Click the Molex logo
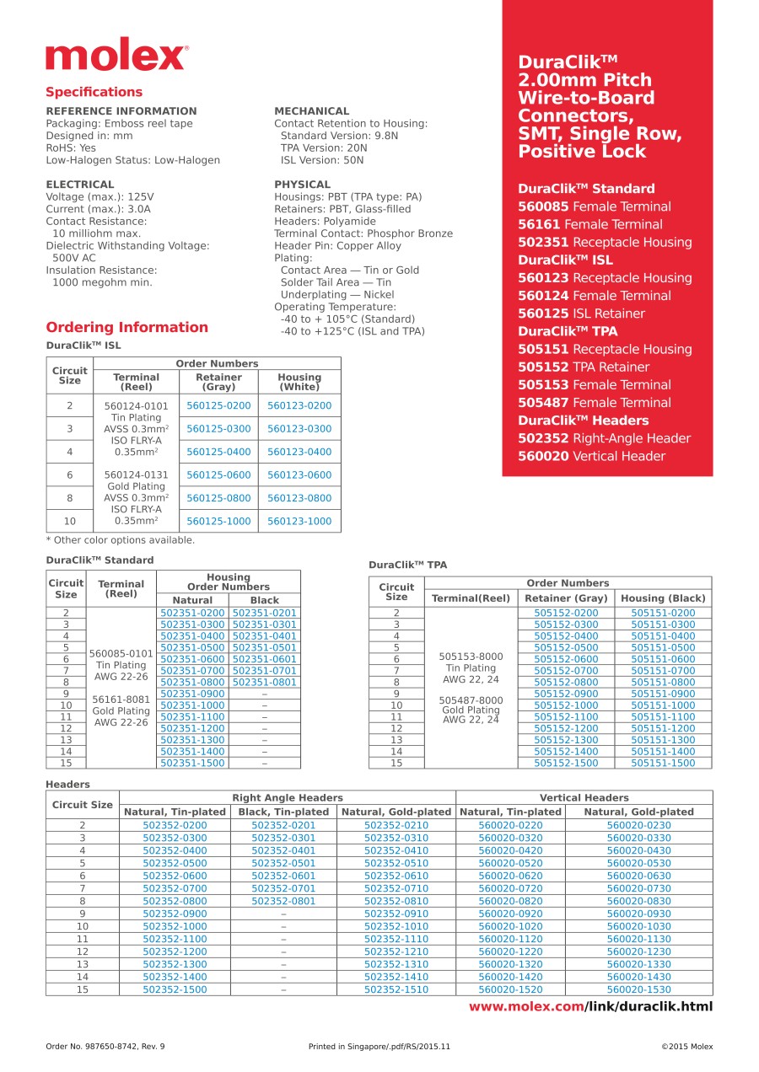(116, 56)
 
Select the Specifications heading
(94, 92)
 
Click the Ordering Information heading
(126, 327)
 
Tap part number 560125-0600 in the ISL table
(218, 475)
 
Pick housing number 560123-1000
(299, 522)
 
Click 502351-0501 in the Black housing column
(265, 648)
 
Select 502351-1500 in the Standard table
(192, 763)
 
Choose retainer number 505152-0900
(566, 694)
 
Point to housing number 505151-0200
(663, 614)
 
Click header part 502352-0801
(283, 902)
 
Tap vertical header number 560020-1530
(639, 989)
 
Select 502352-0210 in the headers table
(396, 826)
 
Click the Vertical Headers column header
(584, 797)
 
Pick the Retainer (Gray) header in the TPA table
(566, 598)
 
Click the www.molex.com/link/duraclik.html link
(590, 1006)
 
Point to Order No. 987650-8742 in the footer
(105, 1047)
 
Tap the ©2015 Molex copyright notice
(686, 1047)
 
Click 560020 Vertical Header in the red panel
(591, 456)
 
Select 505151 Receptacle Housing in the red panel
(605, 349)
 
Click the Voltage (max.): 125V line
(100, 197)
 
